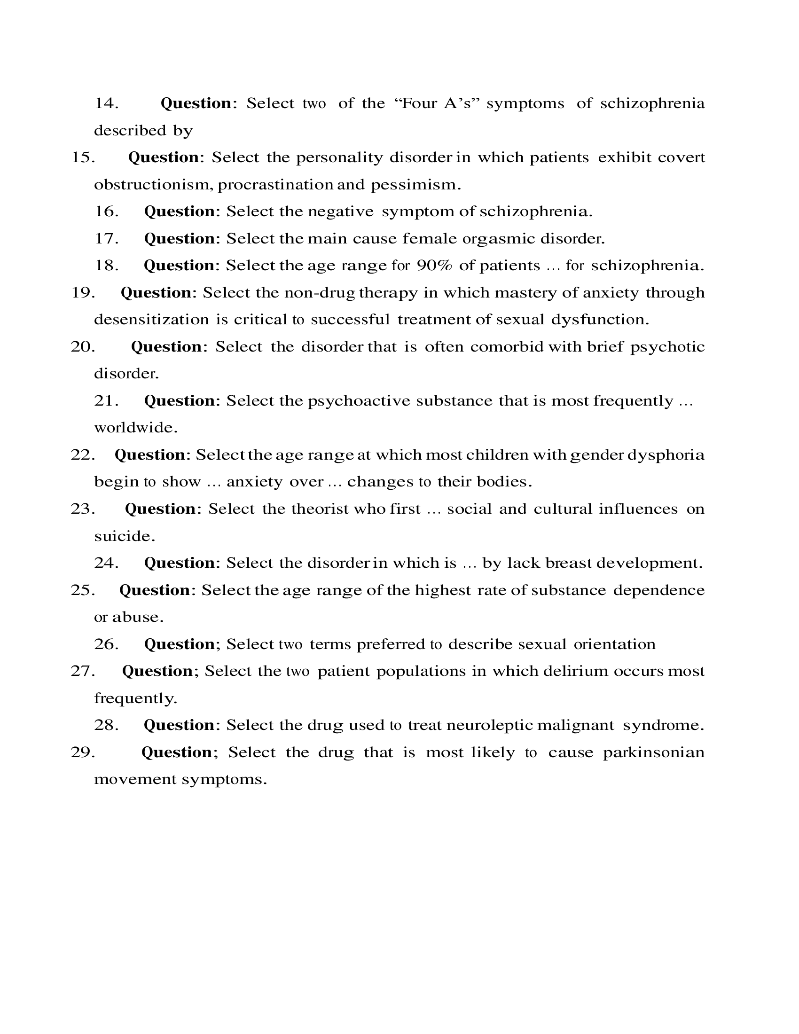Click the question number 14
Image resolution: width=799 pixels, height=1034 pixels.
[x=106, y=103]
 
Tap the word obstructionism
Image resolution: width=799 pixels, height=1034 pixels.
[x=153, y=185]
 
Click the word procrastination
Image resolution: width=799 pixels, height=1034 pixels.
[x=275, y=185]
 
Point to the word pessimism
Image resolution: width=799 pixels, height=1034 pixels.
[x=415, y=185]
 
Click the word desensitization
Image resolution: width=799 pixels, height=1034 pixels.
[x=151, y=320]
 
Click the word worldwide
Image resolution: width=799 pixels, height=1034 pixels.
[x=136, y=428]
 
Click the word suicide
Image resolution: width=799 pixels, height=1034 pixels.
[x=125, y=536]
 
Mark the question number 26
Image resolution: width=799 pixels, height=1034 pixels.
[x=106, y=644]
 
